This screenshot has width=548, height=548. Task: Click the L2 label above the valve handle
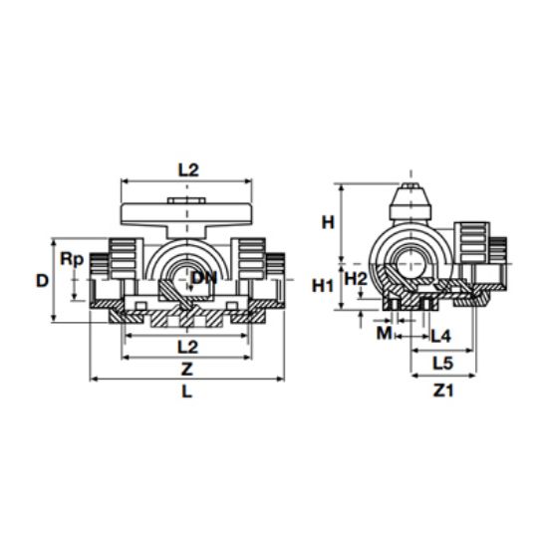click(x=188, y=169)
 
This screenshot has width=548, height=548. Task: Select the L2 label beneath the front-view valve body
click(x=188, y=346)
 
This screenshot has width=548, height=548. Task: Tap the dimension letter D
click(x=42, y=280)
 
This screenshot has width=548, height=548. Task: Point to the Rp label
click(x=72, y=259)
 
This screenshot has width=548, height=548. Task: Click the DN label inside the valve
click(x=203, y=278)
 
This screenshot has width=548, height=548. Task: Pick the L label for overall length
click(x=188, y=392)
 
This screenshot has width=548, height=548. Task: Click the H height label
click(x=326, y=223)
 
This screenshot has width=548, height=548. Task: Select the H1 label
click(x=323, y=286)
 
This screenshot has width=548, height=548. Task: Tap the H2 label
click(x=356, y=278)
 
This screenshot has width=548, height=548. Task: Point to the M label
click(x=384, y=333)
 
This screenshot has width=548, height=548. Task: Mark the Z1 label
click(x=443, y=392)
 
